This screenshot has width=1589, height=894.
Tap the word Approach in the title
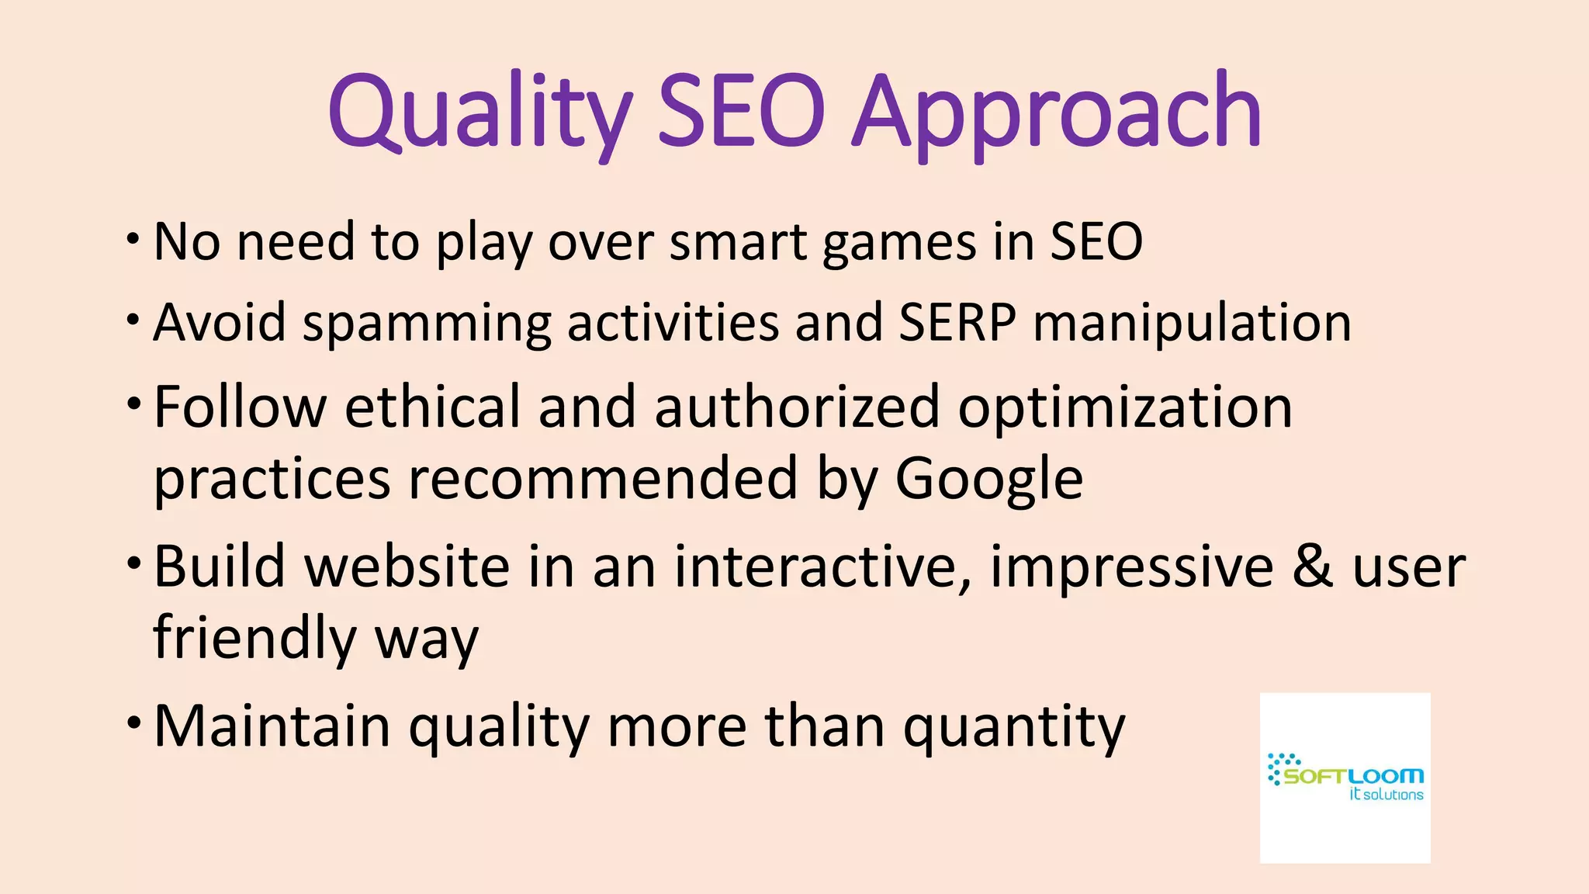pyautogui.click(x=1057, y=113)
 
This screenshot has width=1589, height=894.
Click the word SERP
pyautogui.click(x=957, y=322)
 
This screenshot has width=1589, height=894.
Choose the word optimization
pyautogui.click(x=1125, y=408)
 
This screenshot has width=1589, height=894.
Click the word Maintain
pyautogui.click(x=272, y=726)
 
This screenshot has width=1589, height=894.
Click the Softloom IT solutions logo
pyautogui.click(x=1345, y=778)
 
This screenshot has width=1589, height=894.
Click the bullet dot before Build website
pyautogui.click(x=134, y=561)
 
